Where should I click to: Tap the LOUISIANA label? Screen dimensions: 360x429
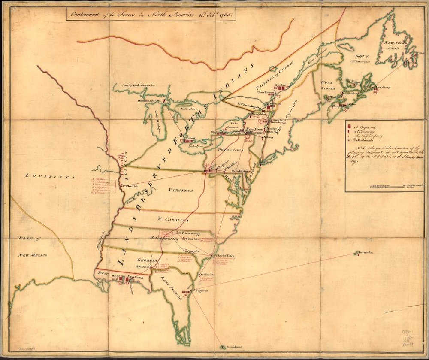coord(50,176)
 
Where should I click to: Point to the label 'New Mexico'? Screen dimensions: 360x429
coord(33,255)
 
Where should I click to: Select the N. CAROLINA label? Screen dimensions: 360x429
coord(173,220)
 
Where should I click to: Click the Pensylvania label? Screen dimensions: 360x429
coord(230,151)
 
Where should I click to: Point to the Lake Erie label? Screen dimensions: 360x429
coord(195,146)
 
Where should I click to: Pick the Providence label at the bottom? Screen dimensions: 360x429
coord(233,347)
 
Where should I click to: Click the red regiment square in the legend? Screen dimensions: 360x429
coord(350,126)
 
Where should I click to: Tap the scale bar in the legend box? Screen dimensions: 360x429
coord(386,187)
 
